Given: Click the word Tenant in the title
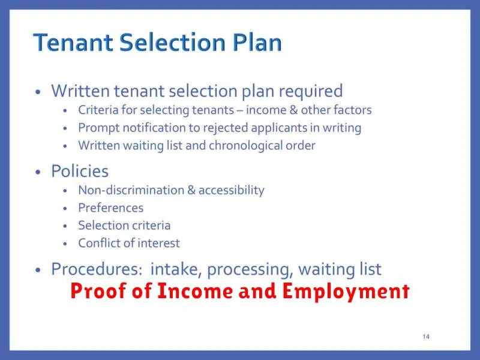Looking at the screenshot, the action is [x=73, y=42].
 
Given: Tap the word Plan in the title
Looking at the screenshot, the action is [x=257, y=42].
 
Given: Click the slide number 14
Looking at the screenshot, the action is [x=426, y=337].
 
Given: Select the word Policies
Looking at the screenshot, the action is [x=80, y=171].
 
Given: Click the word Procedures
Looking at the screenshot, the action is [x=97, y=269].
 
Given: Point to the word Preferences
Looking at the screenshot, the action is [x=111, y=208].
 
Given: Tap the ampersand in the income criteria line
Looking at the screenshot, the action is [x=293, y=110].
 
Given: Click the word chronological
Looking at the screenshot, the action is [x=245, y=146].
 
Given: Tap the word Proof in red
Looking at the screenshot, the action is [x=98, y=290].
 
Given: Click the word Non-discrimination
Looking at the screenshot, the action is [x=131, y=190].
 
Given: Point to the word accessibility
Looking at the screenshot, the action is [x=232, y=190].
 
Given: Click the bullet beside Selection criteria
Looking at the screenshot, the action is [x=65, y=226].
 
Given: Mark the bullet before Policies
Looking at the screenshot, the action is [x=38, y=172].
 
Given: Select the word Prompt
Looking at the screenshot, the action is [x=99, y=128].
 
